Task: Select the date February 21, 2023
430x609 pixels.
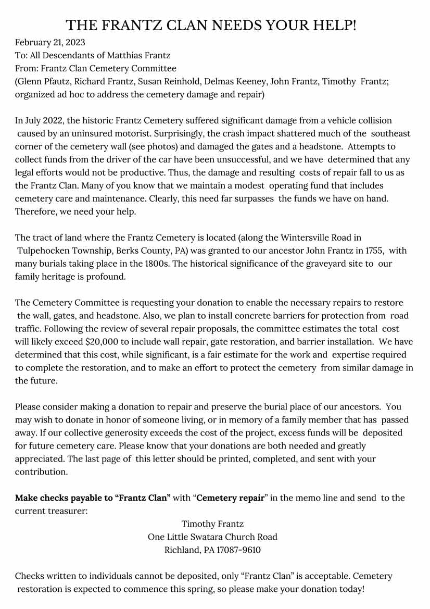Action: tap(50, 42)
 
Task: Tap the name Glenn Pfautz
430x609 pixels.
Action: tap(43, 81)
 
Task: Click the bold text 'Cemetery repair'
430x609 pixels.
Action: tap(230, 498)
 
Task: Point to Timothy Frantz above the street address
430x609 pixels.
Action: tap(212, 524)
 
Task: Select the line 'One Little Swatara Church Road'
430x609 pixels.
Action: tap(212, 537)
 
